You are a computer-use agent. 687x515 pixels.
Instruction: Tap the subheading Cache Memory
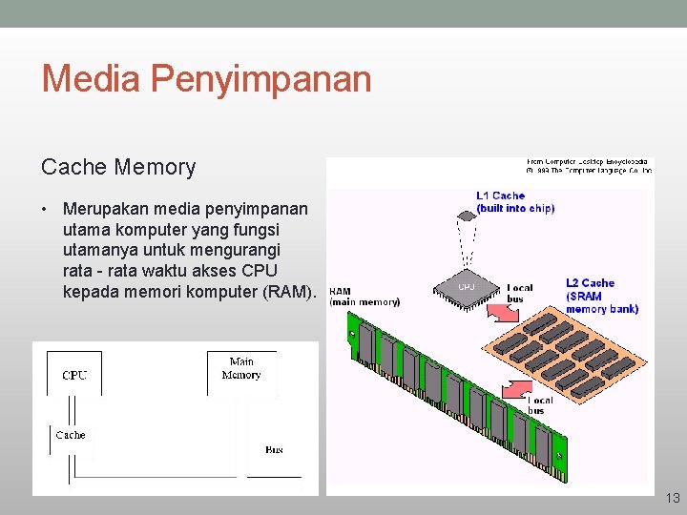click(118, 168)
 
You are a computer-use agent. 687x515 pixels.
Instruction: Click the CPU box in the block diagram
click(74, 375)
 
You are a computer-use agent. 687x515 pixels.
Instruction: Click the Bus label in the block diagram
click(274, 449)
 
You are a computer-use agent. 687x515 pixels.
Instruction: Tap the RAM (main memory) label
click(364, 297)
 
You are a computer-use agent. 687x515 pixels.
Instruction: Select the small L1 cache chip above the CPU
click(467, 216)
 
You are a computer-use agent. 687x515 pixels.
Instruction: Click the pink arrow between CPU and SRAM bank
click(497, 310)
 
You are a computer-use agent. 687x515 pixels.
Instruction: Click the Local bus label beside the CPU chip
click(520, 293)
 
